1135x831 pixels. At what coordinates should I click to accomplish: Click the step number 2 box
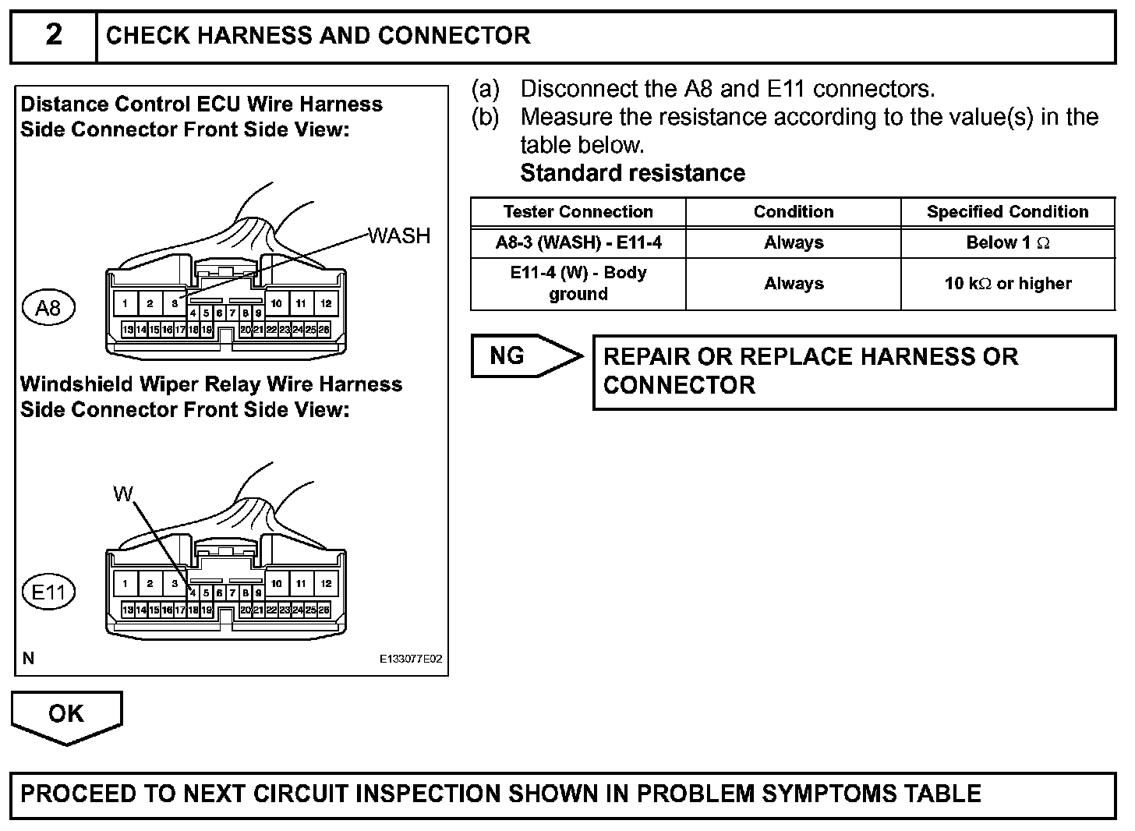tap(53, 36)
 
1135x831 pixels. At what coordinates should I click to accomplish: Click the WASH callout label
tap(399, 235)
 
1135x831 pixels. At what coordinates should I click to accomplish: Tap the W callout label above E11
tap(122, 493)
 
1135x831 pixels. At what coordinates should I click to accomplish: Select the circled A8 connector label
tap(48, 308)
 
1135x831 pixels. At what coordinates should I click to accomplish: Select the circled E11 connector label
tap(48, 592)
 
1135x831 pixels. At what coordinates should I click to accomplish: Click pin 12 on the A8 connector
tap(326, 303)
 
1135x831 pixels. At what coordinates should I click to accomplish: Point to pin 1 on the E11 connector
tap(125, 583)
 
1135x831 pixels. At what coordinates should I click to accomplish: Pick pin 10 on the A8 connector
tap(277, 303)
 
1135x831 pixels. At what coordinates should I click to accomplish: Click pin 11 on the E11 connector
tap(301, 583)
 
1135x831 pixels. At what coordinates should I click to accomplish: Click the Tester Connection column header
tap(578, 212)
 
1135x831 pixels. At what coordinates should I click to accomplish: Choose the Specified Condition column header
tap(1007, 212)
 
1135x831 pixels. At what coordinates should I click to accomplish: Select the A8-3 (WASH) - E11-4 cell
tap(578, 242)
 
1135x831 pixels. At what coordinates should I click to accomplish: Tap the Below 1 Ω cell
tap(1007, 242)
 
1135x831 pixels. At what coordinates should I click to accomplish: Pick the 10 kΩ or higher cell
tap(1007, 284)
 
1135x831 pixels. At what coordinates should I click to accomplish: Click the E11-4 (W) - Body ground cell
tap(578, 284)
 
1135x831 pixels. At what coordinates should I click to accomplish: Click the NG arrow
tap(526, 356)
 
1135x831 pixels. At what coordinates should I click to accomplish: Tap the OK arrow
tap(66, 715)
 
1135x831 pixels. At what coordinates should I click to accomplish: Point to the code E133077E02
tap(411, 659)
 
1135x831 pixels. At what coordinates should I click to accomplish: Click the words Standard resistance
tap(632, 173)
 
